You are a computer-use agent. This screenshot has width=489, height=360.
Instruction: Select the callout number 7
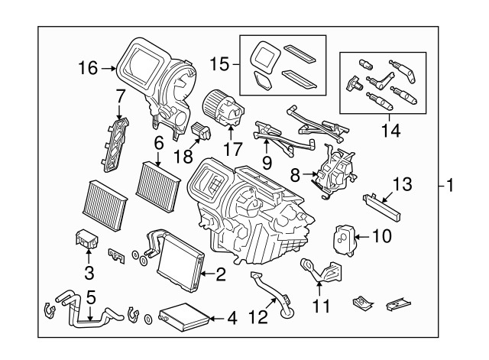coord(120,96)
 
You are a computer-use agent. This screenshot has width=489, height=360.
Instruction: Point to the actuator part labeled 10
coord(347,238)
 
